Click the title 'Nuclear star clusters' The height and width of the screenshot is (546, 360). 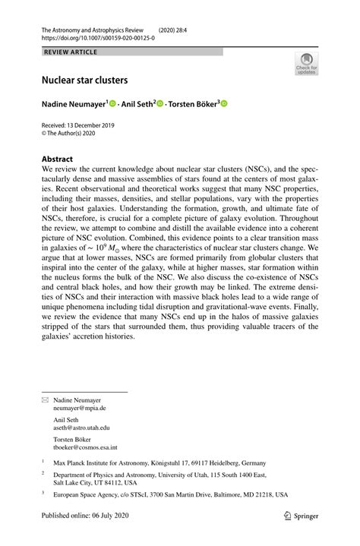84,79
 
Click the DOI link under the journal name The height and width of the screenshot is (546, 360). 95,36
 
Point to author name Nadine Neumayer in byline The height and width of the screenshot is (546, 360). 74,103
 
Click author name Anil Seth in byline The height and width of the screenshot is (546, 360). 137,103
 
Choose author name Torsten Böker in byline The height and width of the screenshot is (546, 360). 194,103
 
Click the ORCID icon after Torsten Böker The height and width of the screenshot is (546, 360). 225,103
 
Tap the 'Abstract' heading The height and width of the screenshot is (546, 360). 58,160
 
